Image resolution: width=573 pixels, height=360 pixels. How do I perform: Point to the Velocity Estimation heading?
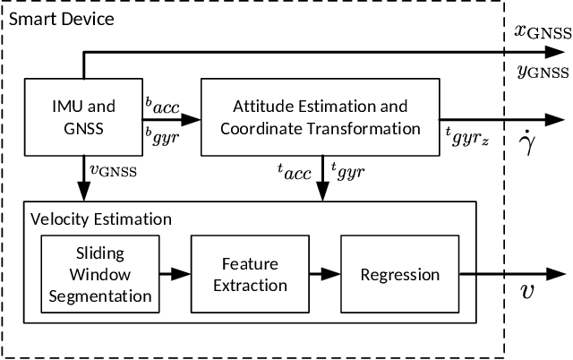[100, 219]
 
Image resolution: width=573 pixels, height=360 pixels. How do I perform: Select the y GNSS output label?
[541, 70]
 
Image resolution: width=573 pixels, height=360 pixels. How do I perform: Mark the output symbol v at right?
[526, 290]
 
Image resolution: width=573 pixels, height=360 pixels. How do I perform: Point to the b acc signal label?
[162, 106]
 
